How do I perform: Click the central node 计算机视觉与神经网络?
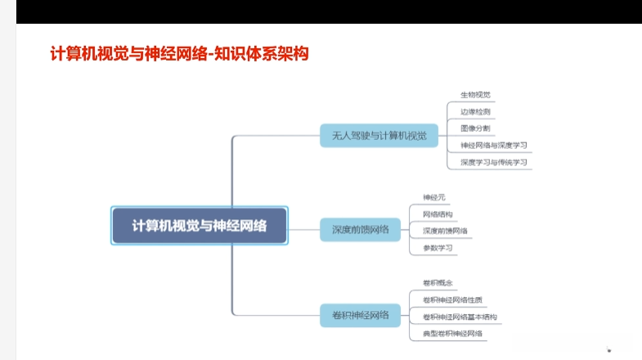pyautogui.click(x=199, y=226)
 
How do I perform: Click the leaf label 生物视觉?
pyautogui.click(x=475, y=95)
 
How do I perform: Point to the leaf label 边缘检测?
pyautogui.click(x=475, y=111)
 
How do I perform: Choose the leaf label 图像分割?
pyautogui.click(x=475, y=128)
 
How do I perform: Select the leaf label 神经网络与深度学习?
pyautogui.click(x=493, y=146)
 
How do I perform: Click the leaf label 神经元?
pyautogui.click(x=434, y=197)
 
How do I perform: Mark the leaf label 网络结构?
pyautogui.click(x=438, y=214)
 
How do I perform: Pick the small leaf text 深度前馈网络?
pyautogui.click(x=445, y=231)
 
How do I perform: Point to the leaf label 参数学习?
pyautogui.click(x=438, y=248)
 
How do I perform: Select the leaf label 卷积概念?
pyautogui.click(x=438, y=283)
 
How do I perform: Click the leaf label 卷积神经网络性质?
pyautogui.click(x=451, y=300)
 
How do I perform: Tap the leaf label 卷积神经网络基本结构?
pyautogui.click(x=460, y=317)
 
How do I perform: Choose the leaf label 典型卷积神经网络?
pyautogui.click(x=452, y=334)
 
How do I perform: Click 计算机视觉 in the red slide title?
pyautogui.click(x=85, y=54)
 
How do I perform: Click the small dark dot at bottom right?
pyautogui.click(x=608, y=349)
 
